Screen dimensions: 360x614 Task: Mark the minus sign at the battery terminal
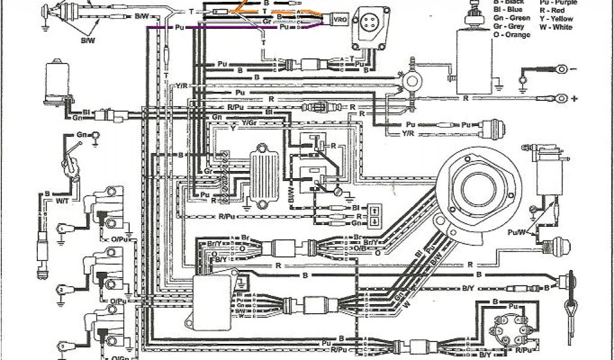574,69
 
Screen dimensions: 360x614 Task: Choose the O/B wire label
360,248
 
